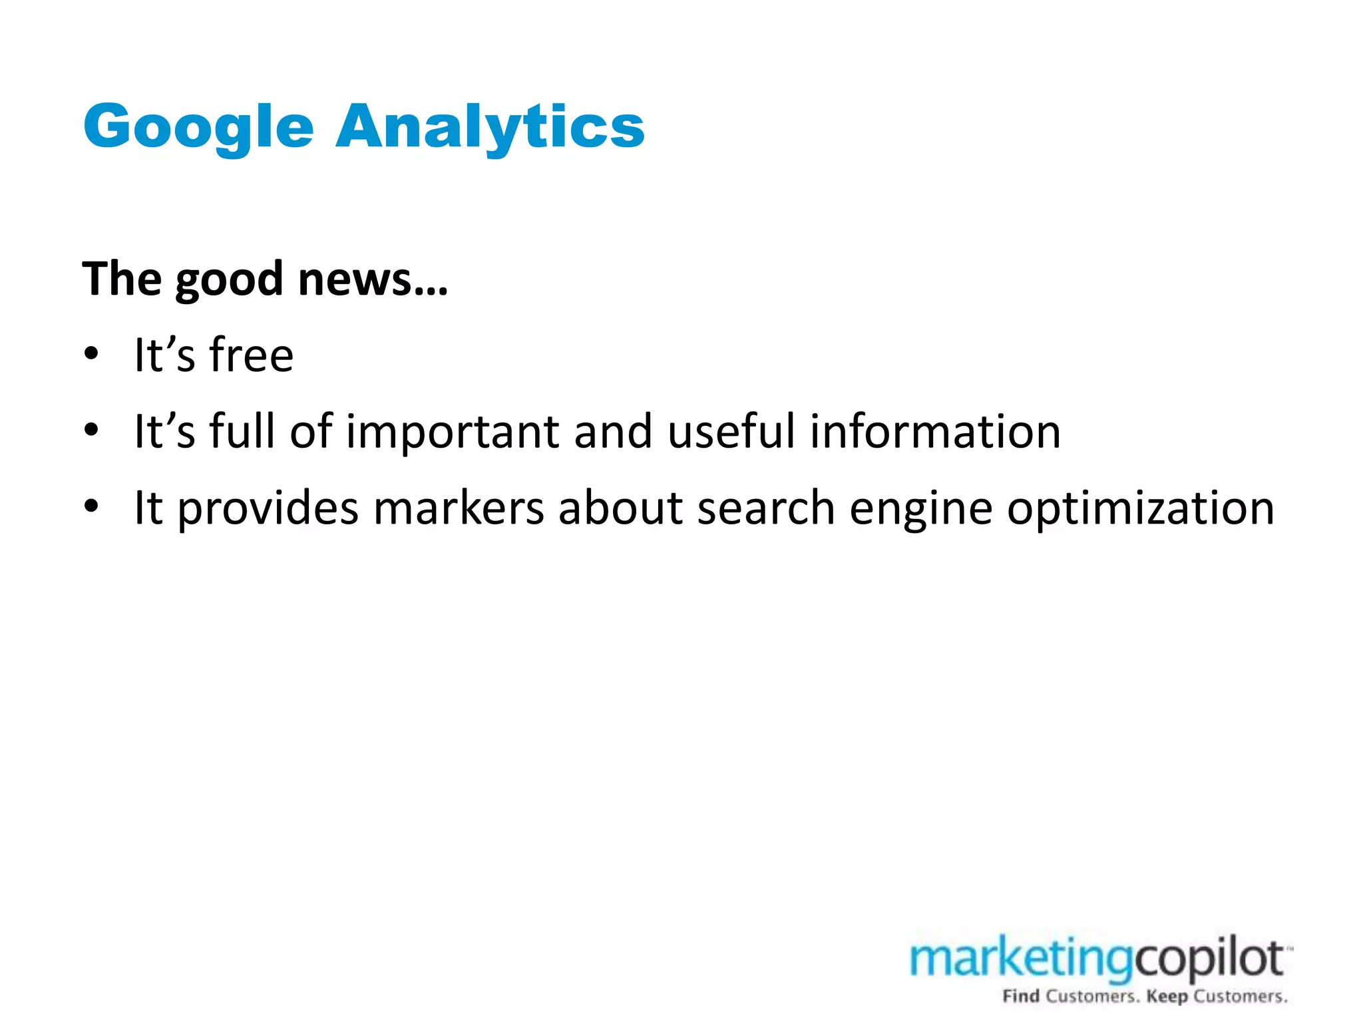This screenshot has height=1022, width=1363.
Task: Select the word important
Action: click(x=453, y=432)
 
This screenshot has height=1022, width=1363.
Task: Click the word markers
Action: click(x=459, y=508)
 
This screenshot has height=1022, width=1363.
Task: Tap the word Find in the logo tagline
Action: click(x=1021, y=996)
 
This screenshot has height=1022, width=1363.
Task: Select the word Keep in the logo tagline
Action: click(x=1167, y=996)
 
